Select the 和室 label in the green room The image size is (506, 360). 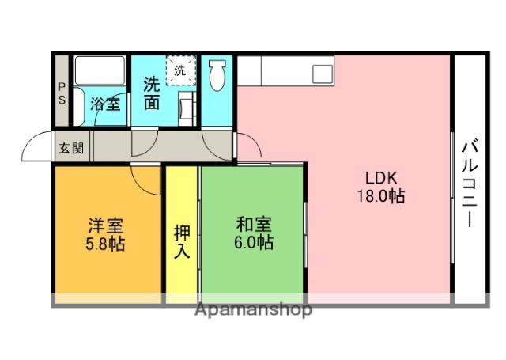point(253,225)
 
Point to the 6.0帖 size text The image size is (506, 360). point(254,243)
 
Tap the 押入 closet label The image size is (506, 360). point(182,242)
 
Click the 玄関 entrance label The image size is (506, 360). point(71,148)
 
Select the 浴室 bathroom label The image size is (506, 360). point(105,103)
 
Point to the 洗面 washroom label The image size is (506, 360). point(152,93)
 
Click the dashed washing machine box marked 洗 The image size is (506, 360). point(180,70)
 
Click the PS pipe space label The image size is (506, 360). point(62,94)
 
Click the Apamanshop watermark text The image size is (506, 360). point(253,309)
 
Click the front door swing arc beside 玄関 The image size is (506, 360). point(36,146)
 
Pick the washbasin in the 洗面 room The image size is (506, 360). point(187,105)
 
